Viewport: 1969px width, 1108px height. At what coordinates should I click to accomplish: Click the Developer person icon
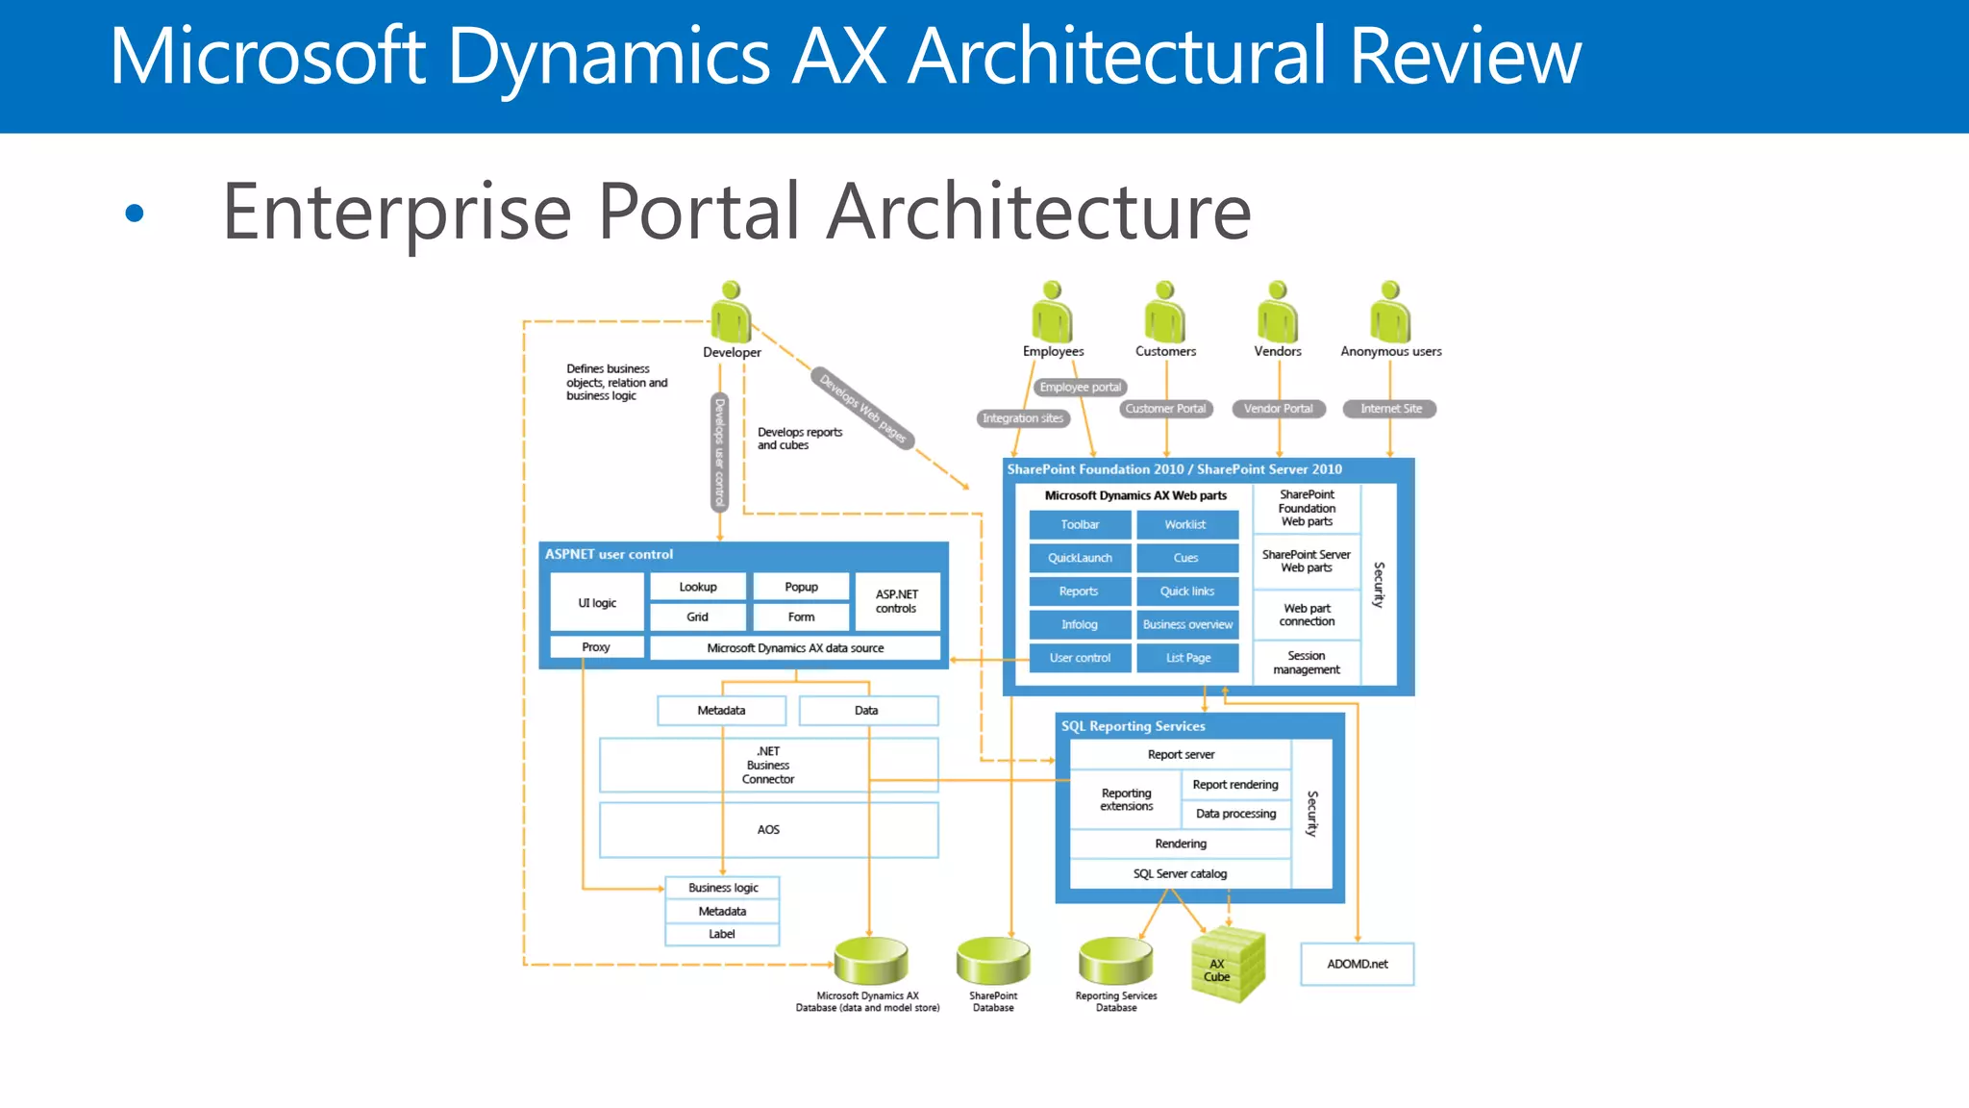click(x=731, y=313)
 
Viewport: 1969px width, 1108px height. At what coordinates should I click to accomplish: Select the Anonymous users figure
click(x=1390, y=313)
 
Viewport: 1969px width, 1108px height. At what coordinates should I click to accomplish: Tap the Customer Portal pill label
click(x=1165, y=409)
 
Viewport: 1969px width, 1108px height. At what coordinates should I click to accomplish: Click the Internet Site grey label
click(x=1390, y=409)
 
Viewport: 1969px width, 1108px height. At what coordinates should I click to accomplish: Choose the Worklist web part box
click(x=1186, y=525)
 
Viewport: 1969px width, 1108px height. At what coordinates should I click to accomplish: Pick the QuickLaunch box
click(x=1080, y=558)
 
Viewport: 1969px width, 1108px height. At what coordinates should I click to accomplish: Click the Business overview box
click(x=1186, y=625)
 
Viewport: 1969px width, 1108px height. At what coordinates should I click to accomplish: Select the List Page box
click(x=1186, y=659)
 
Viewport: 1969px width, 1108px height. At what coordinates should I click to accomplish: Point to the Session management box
click(x=1306, y=663)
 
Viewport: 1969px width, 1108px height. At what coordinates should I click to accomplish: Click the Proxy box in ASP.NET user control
click(x=596, y=647)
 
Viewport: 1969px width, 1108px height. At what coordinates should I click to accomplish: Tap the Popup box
click(x=801, y=587)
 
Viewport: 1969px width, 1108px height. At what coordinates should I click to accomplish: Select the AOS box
click(x=768, y=829)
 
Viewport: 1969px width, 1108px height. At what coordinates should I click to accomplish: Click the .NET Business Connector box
click(x=768, y=766)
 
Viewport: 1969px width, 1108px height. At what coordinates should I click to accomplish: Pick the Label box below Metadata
click(x=722, y=934)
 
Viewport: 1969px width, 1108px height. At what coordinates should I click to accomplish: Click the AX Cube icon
click(x=1226, y=965)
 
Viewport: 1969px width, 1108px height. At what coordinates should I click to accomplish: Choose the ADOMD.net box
click(x=1357, y=964)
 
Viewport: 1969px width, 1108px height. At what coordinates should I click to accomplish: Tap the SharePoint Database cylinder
click(x=993, y=961)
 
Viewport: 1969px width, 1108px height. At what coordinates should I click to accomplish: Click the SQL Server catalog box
click(x=1180, y=873)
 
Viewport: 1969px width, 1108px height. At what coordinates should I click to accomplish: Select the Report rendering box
click(x=1235, y=785)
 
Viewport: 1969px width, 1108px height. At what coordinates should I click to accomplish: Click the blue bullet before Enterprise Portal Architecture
click(x=135, y=213)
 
